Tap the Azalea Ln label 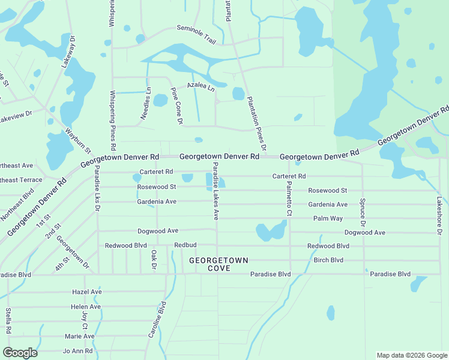[200, 86]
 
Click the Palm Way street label [328, 218]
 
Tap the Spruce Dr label [363, 216]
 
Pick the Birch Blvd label [328, 260]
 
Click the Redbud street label [185, 245]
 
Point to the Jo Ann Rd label [78, 351]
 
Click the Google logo [20, 353]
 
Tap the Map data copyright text [411, 355]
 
